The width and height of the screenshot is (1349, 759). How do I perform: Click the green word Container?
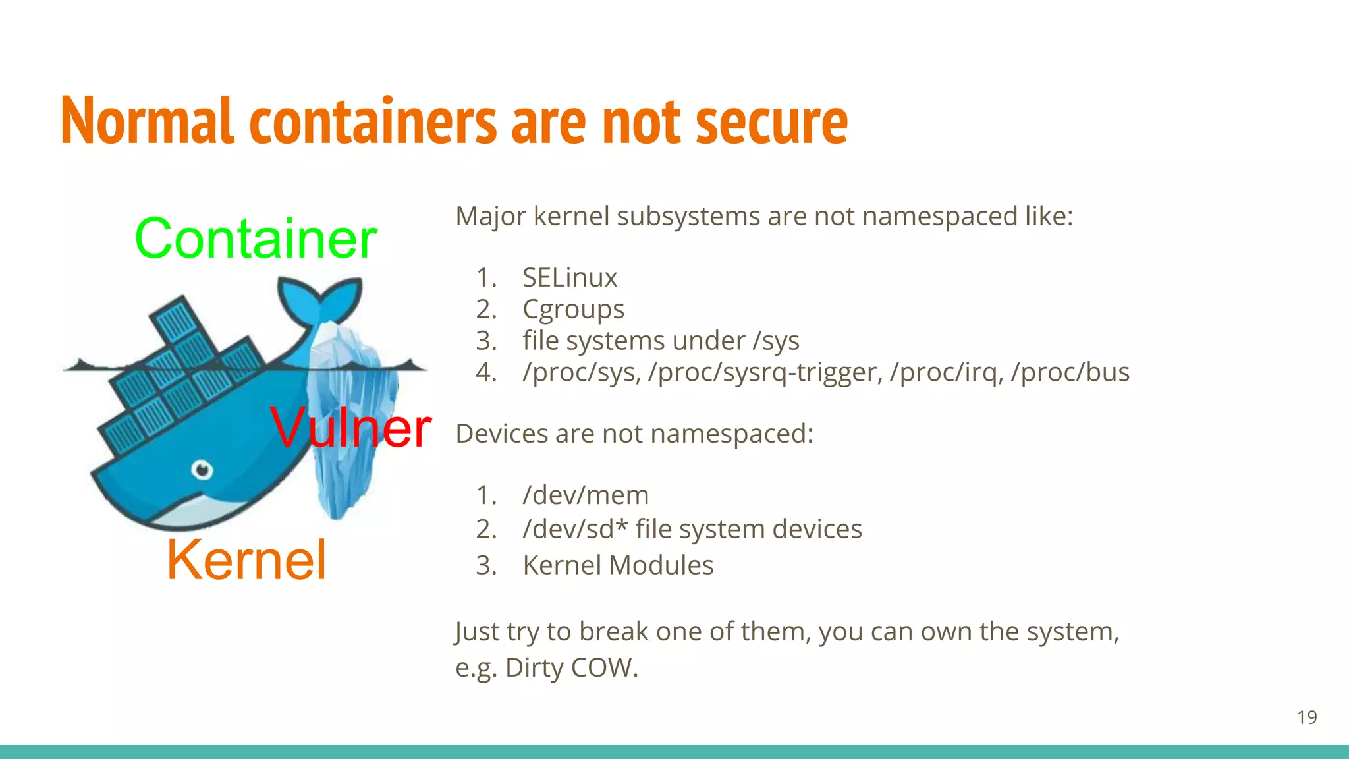pos(256,239)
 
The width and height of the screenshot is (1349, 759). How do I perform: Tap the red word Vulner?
pos(350,428)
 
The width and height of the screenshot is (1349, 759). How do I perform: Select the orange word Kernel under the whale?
pos(246,560)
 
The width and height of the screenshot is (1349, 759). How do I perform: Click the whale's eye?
pos(202,470)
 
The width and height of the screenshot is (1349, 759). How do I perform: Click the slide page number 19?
pos(1307,717)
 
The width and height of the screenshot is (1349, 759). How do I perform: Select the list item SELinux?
pos(570,277)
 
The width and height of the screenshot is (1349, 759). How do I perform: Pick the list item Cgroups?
pos(573,309)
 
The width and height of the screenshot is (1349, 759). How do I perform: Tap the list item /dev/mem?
pos(586,495)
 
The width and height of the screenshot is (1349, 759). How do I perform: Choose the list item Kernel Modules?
pos(618,565)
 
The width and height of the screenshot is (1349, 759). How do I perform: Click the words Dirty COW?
pos(571,667)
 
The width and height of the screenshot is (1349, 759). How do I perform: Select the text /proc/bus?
pos(1070,372)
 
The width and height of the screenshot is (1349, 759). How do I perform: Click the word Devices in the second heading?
pos(502,434)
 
